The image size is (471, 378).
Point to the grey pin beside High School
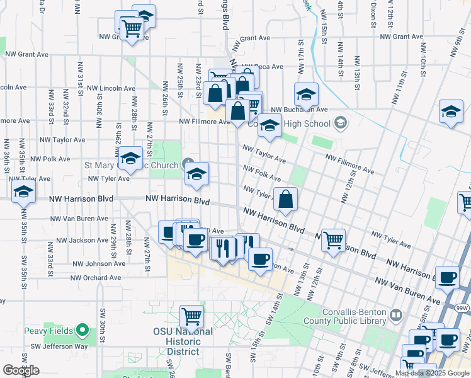[x=341, y=122]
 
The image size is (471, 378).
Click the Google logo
[x=21, y=370]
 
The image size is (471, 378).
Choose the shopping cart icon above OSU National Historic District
[x=191, y=316]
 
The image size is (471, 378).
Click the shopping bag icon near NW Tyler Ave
[x=285, y=199]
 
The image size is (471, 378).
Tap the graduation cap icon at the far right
[x=451, y=112]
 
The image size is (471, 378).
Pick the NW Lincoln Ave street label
[x=111, y=88]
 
